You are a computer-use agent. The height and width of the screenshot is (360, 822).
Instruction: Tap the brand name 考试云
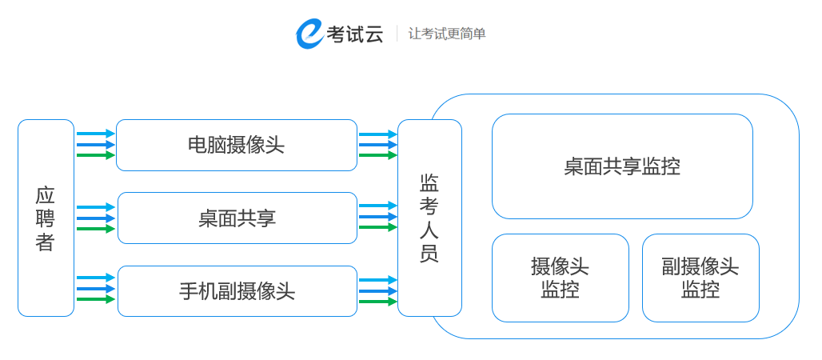tap(355, 34)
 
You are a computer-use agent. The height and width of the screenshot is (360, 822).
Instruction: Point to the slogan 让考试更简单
tap(447, 34)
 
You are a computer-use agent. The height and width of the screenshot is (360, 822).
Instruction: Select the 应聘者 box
tap(46, 218)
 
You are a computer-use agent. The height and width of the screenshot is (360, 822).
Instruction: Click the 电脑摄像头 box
tap(237, 145)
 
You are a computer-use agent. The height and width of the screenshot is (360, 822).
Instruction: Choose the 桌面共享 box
tap(237, 218)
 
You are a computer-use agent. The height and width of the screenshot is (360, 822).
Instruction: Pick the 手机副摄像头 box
tap(237, 291)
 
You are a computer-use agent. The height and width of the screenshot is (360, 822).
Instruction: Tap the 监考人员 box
tap(429, 218)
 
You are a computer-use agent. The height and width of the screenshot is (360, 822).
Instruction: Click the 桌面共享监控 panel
tap(622, 166)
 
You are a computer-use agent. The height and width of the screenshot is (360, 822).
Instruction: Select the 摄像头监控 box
tap(560, 278)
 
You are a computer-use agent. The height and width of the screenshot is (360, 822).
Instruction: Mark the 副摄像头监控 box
tap(700, 278)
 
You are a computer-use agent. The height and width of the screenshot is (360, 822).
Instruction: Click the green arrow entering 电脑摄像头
tap(96, 155)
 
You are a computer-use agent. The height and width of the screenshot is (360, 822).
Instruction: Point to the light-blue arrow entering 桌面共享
tap(96, 207)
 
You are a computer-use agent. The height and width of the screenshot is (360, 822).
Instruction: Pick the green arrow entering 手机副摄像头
tap(96, 299)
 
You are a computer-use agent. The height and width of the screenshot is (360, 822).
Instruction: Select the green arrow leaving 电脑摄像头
tap(377, 155)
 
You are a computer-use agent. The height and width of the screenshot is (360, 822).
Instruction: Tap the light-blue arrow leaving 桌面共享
tap(377, 206)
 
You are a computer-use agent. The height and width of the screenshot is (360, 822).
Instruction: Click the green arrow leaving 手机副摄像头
tap(377, 302)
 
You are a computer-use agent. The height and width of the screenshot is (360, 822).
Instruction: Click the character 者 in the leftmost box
tap(46, 242)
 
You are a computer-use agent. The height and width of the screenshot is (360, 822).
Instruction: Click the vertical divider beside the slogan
tap(397, 34)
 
